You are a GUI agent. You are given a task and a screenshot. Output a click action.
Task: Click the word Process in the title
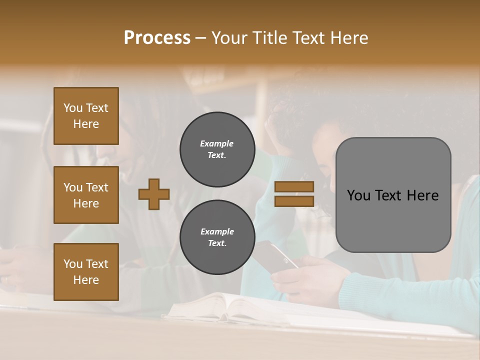point(157,37)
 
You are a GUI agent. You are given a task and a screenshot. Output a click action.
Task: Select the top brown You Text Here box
point(86,116)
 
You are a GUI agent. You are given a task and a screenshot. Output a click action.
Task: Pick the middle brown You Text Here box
point(86,195)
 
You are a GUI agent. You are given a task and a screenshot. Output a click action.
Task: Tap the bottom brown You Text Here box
point(86,272)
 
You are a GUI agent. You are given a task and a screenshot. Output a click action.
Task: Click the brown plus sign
point(154,194)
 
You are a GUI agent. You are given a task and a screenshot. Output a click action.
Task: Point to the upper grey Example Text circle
point(217,149)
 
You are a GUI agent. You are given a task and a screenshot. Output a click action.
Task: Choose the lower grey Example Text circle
point(217,237)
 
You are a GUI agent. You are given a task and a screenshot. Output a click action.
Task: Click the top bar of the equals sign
point(294,187)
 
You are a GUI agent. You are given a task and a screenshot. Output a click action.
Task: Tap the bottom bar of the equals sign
point(294,201)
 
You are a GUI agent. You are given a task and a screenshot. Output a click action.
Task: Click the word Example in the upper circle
point(217,143)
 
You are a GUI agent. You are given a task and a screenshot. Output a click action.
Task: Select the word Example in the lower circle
point(217,231)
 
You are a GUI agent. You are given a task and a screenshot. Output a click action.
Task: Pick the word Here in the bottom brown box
point(86,280)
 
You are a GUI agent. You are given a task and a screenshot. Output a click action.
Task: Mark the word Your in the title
point(228,37)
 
